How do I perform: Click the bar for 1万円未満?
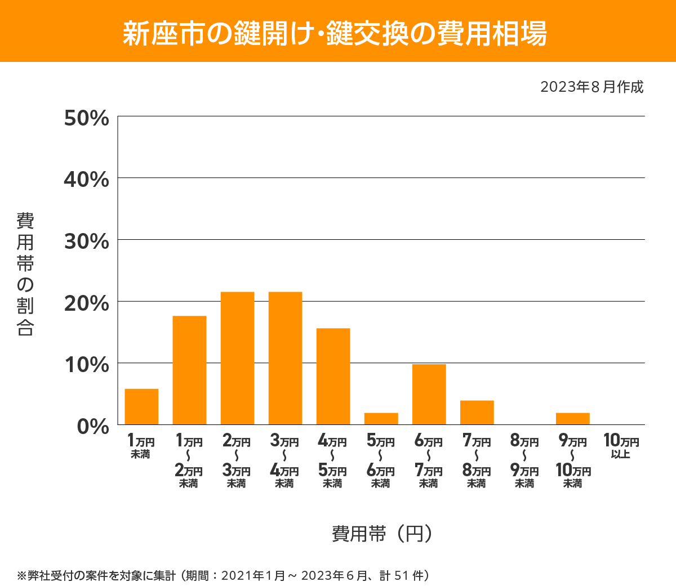click(x=141, y=406)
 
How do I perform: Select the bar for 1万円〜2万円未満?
click(x=189, y=370)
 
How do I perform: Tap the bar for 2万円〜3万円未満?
click(x=237, y=358)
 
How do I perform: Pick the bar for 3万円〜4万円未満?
click(x=285, y=358)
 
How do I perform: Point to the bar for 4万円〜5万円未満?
click(x=333, y=376)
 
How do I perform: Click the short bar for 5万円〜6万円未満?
click(x=381, y=419)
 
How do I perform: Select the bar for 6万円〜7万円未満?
click(x=429, y=394)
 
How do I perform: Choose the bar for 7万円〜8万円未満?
click(x=477, y=412)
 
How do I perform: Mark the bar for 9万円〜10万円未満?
click(x=572, y=419)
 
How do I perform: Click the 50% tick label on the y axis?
click(x=86, y=118)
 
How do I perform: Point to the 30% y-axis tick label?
click(x=86, y=241)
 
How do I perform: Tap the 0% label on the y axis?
click(x=93, y=426)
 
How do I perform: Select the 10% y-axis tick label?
click(x=86, y=365)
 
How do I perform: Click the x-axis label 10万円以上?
click(x=621, y=446)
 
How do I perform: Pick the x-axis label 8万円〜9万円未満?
click(x=524, y=462)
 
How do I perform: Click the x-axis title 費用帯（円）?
click(x=381, y=533)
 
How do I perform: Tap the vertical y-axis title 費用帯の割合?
click(x=25, y=274)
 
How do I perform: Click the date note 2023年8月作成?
click(x=591, y=87)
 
